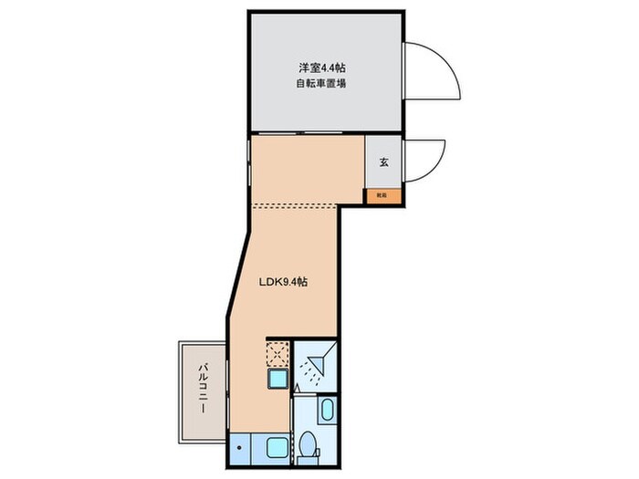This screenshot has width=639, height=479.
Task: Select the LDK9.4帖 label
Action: coord(283,282)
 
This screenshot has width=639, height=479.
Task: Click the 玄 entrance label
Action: coord(384,163)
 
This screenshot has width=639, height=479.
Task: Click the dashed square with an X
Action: coord(278,353)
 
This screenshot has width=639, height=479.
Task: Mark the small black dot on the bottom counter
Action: coord(238,448)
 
